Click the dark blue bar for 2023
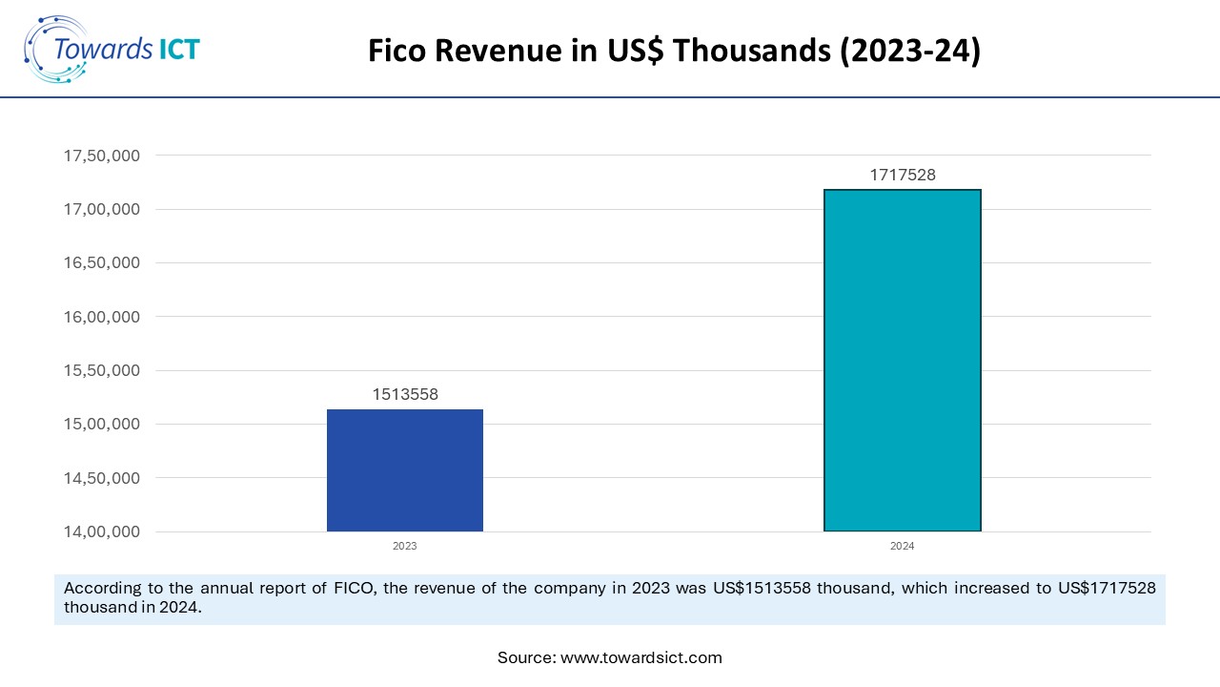tap(405, 470)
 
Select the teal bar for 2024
tap(902, 361)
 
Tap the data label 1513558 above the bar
tap(405, 394)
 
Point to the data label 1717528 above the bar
tap(902, 175)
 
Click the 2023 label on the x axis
tap(405, 547)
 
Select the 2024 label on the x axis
tap(902, 547)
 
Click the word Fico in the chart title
tap(397, 52)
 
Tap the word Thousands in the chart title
tap(752, 52)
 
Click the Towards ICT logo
tap(112, 48)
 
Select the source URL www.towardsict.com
tap(640, 657)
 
